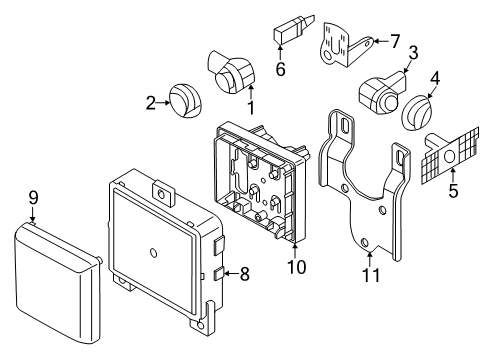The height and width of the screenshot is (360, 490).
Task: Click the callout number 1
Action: [x=251, y=107]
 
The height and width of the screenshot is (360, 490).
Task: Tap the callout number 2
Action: [x=151, y=103]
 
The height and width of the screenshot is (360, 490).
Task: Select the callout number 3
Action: [x=413, y=53]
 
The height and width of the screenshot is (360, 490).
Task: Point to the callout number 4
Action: [x=435, y=78]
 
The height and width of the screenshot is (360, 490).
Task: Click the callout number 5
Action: [x=453, y=191]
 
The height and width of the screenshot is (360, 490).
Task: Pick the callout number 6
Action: [x=280, y=69]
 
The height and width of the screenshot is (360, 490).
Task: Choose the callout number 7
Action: [x=395, y=41]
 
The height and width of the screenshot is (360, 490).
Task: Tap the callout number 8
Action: [x=245, y=274]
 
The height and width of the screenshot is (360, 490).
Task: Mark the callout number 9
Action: [x=33, y=198]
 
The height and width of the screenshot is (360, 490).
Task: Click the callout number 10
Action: [x=296, y=267]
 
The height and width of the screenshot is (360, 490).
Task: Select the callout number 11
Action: [x=371, y=275]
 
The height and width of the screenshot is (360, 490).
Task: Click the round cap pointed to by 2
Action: [x=185, y=101]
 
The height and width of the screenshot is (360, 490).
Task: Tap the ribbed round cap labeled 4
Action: [x=417, y=113]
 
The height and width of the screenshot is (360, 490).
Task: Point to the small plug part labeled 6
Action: [x=294, y=29]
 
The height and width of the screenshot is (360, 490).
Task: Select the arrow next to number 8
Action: [x=231, y=274]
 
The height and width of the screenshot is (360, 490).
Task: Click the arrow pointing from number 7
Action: [x=381, y=41]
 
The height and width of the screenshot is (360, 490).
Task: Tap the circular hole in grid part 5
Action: [x=450, y=156]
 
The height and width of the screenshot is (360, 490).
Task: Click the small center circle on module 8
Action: [x=154, y=253]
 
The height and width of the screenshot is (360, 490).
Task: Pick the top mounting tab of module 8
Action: [x=163, y=192]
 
